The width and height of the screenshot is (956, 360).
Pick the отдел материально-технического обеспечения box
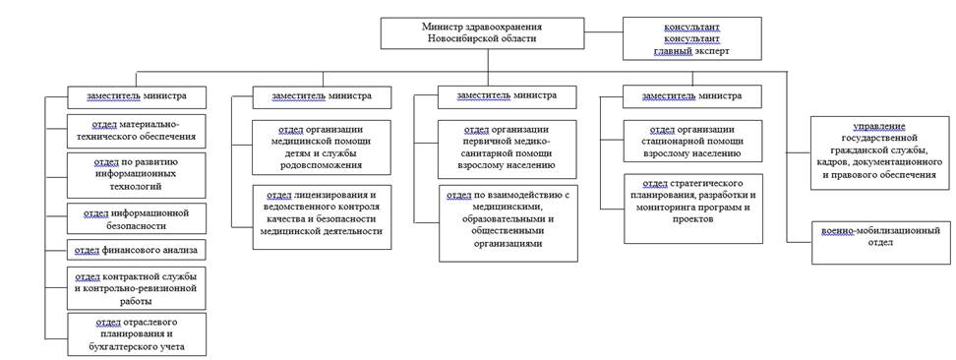[x=137, y=131]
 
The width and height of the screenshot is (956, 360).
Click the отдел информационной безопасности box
[x=137, y=216]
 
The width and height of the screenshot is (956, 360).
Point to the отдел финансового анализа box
[x=137, y=248]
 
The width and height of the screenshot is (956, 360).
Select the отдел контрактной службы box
[x=137, y=287]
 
